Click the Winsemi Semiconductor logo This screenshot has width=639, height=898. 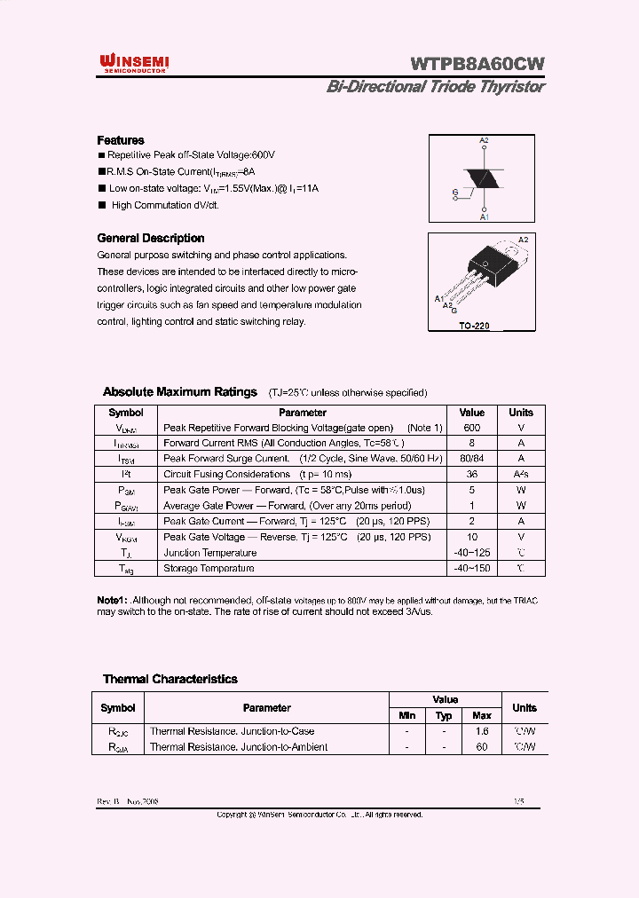[137, 62]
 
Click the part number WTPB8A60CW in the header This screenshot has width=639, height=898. [477, 64]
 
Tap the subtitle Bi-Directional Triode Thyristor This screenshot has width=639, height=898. [435, 87]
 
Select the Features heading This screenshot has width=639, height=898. [120, 140]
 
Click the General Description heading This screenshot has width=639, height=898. [150, 238]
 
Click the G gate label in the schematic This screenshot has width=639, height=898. [455, 192]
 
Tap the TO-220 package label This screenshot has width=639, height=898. [474, 326]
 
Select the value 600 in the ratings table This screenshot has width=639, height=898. [471, 427]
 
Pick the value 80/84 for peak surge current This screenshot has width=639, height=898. [471, 459]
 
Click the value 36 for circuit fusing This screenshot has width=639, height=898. [471, 474]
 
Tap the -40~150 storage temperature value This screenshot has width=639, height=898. [471, 568]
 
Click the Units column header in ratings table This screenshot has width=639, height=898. [521, 412]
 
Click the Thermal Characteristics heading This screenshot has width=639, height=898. [170, 679]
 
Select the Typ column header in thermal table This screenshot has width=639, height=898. [445, 715]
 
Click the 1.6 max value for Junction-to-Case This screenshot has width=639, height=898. [482, 731]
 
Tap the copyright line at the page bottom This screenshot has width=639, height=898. [319, 814]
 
